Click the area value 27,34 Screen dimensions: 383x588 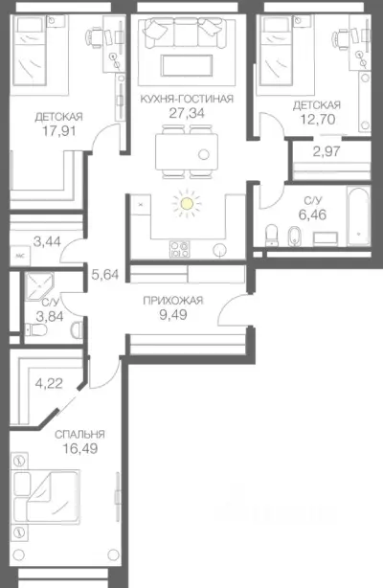click(187, 112)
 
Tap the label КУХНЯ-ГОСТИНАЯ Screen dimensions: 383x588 click(187, 99)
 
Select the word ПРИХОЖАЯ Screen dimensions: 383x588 click(173, 301)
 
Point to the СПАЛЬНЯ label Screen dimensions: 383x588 click(79, 434)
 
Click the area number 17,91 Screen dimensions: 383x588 click(59, 131)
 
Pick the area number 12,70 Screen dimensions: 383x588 click(317, 120)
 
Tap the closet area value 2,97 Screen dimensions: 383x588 click(327, 151)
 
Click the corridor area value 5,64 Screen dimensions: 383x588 click(105, 275)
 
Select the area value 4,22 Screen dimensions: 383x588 click(49, 384)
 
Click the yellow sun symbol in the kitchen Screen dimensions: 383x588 click(187, 204)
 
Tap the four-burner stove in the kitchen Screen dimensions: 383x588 click(179, 249)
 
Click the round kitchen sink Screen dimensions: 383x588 click(220, 250)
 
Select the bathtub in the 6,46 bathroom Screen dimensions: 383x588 click(359, 217)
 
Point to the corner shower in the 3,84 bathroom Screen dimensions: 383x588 click(39, 286)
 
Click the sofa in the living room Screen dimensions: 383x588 click(187, 33)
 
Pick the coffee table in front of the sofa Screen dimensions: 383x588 click(187, 66)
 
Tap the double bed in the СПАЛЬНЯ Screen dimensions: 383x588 click(46, 496)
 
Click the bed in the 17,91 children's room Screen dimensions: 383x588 click(30, 52)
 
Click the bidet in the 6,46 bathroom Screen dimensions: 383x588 click(293, 237)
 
